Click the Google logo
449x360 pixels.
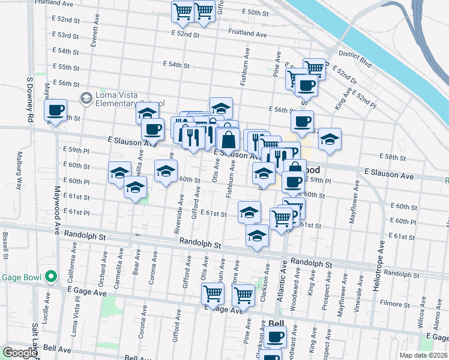pyautogui.click(x=20, y=353)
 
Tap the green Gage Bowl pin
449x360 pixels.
pyautogui.click(x=52, y=277)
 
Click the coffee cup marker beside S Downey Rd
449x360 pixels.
pyautogui.click(x=56, y=110)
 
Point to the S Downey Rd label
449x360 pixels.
pyautogui.click(x=29, y=99)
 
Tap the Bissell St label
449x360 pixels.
pyautogui.click(x=5, y=246)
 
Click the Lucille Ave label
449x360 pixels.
pyautogui.click(x=47, y=306)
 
